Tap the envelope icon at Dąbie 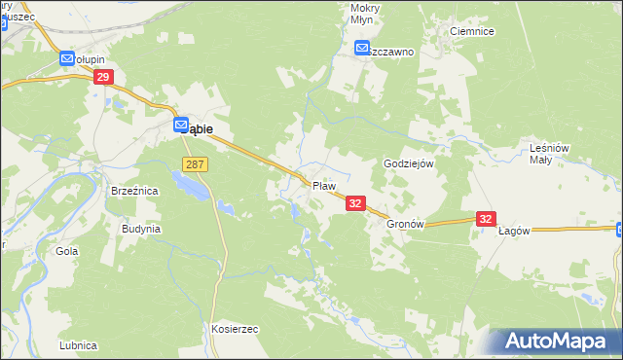(181, 125)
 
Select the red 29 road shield (105, 77)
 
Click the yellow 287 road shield (195, 165)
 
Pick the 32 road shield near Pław (355, 202)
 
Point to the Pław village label (324, 185)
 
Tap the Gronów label (406, 223)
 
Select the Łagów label (513, 231)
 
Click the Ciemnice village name (472, 31)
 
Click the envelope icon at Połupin (67, 59)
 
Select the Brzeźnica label (134, 192)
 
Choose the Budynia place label (140, 229)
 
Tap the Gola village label (67, 251)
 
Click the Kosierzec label (234, 329)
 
